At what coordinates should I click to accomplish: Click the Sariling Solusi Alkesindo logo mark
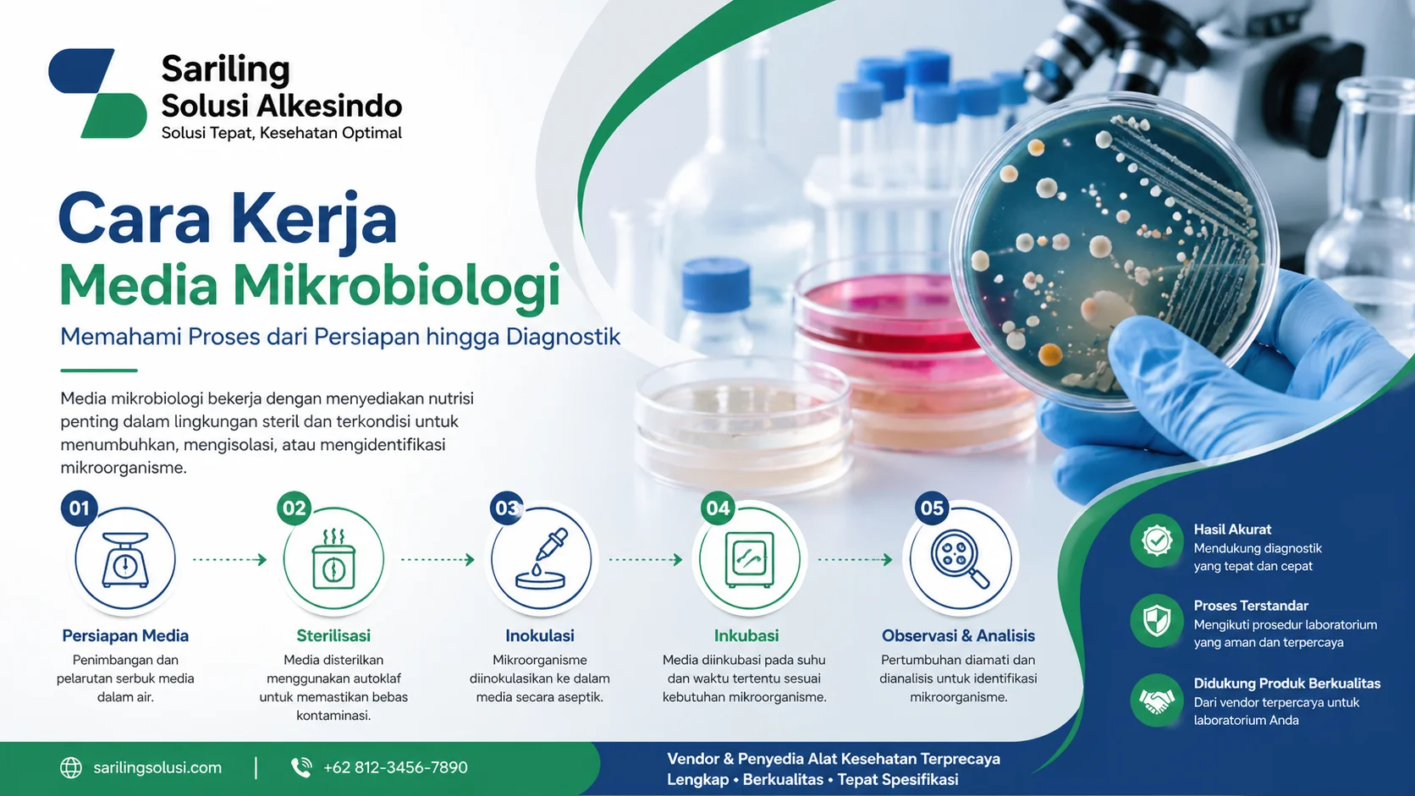pos(97,93)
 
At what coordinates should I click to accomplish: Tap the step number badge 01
pos(80,508)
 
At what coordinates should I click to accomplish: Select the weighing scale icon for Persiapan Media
pos(125,559)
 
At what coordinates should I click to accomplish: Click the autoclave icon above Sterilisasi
pos(333,560)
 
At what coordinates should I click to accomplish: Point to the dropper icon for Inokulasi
pos(542,560)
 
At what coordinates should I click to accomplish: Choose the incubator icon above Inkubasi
pos(749,560)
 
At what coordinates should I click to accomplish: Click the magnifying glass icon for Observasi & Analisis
pos(960,559)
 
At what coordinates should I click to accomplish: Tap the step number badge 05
pos(932,508)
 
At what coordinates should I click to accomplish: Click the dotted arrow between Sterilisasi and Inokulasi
pos(437,559)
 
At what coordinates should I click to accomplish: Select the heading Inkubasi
pos(746,635)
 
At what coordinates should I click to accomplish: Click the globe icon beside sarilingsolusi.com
pos(71,767)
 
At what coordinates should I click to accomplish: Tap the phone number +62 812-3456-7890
pos(395,767)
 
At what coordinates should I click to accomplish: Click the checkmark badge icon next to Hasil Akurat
pos(1156,541)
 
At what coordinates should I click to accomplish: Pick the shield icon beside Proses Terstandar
pos(1156,621)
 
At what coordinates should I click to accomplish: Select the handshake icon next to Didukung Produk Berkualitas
pos(1156,700)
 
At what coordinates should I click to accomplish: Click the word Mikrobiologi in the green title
pos(396,285)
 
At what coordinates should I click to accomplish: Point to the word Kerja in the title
pos(313,218)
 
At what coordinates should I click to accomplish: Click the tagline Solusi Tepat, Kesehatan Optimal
pos(281,133)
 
